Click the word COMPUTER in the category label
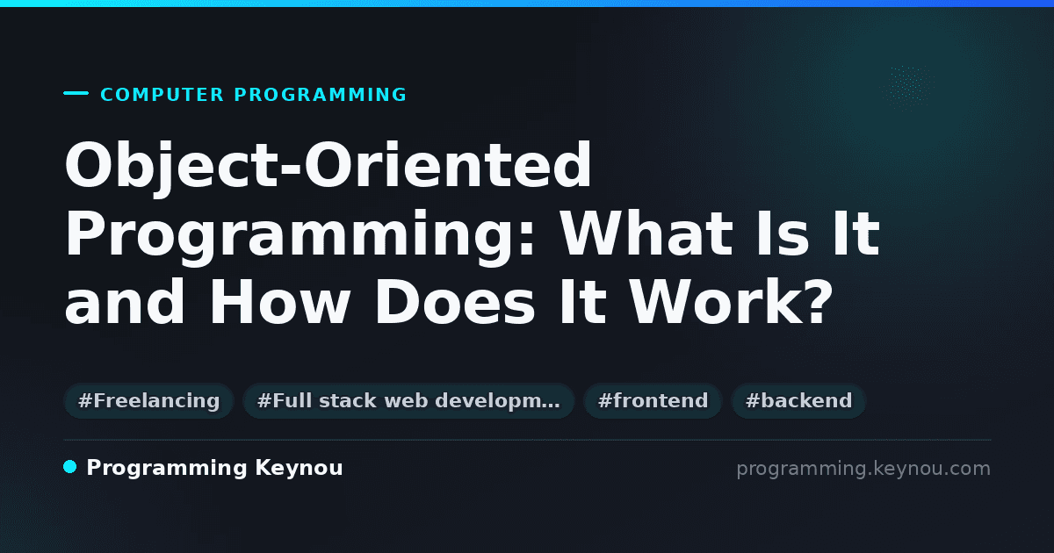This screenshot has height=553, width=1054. click(x=162, y=95)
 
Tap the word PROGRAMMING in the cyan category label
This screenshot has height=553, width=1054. click(x=321, y=95)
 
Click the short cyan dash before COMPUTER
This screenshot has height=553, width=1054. click(x=76, y=93)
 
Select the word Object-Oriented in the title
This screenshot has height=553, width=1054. click(x=328, y=167)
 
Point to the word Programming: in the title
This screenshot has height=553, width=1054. click(x=300, y=236)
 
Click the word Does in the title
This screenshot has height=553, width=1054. click(x=455, y=301)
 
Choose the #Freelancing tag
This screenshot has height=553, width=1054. click(x=148, y=400)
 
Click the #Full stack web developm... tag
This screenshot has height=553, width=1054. click(x=408, y=400)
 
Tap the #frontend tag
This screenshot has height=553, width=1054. click(x=653, y=400)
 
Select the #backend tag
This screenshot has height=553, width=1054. click(x=798, y=400)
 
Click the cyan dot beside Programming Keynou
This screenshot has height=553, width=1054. click(x=70, y=467)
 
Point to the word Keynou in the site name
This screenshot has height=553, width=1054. click(x=299, y=469)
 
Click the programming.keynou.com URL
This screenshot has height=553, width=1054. click(x=863, y=469)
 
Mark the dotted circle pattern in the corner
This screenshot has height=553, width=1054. click(x=907, y=88)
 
